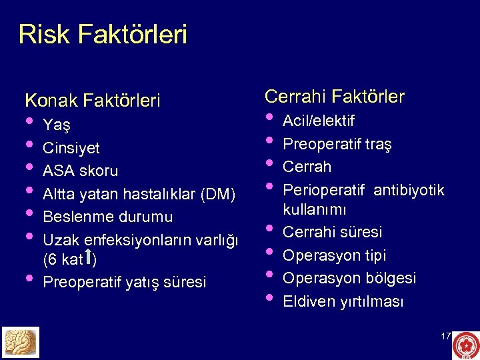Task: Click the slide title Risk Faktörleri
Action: pyautogui.click(x=103, y=35)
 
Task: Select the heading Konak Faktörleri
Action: pyautogui.click(x=93, y=101)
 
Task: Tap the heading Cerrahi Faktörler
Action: pyautogui.click(x=335, y=97)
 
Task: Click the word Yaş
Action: pyautogui.click(x=57, y=125)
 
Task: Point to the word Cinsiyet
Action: pyautogui.click(x=71, y=147)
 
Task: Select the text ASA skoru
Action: pyautogui.click(x=81, y=171)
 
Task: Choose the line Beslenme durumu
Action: pyautogui.click(x=108, y=217)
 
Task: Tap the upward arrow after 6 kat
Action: pyautogui.click(x=88, y=257)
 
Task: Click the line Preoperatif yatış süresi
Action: pyautogui.click(x=125, y=282)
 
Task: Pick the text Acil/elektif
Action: pyautogui.click(x=319, y=121)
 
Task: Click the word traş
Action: pyautogui.click(x=379, y=144)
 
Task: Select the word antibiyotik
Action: pyautogui.click(x=409, y=191)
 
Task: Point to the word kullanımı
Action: pyautogui.click(x=315, y=210)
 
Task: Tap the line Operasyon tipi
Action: pyautogui.click(x=335, y=255)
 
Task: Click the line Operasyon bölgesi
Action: pyautogui.click(x=350, y=278)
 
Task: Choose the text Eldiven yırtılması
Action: pyautogui.click(x=344, y=301)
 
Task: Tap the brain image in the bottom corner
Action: pyautogui.click(x=21, y=342)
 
